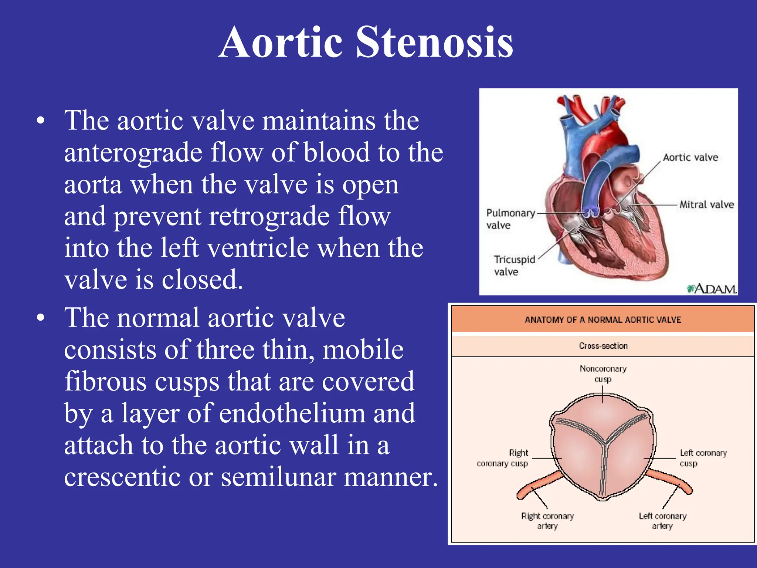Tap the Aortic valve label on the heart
(690, 158)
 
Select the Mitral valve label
(706, 204)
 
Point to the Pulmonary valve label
(510, 219)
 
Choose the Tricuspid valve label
(514, 266)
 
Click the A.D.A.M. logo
(712, 289)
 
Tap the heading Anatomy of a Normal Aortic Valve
(602, 320)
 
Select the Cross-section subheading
(603, 346)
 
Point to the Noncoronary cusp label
(603, 374)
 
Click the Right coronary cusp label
(503, 458)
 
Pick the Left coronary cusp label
(703, 458)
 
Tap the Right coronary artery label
(547, 521)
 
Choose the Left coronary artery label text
(662, 521)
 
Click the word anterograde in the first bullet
(133, 152)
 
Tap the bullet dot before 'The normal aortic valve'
(41, 318)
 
